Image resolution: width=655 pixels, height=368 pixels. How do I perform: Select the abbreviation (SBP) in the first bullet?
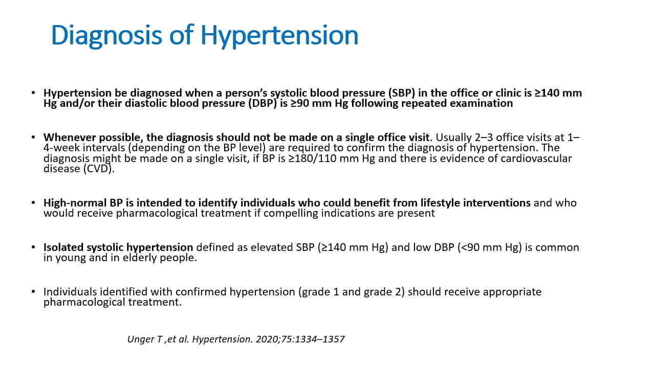click(403, 93)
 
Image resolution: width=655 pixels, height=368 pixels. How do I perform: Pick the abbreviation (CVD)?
click(97, 169)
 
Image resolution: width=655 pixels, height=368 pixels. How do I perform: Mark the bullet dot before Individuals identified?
click(33, 292)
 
